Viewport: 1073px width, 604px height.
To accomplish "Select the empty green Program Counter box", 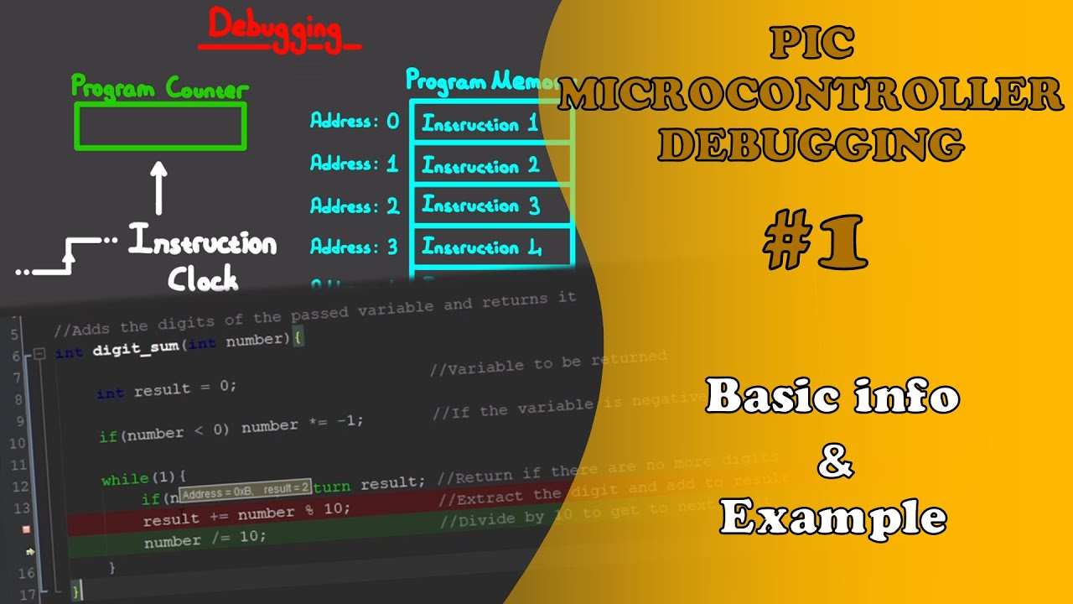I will (160, 127).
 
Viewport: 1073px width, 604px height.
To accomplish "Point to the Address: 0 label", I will (355, 122).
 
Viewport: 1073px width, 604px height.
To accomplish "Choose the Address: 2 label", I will (355, 206).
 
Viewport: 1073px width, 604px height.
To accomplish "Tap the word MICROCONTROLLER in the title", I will (810, 95).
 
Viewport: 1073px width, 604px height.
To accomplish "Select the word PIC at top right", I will (811, 44).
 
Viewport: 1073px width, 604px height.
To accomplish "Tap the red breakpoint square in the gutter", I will (26, 529).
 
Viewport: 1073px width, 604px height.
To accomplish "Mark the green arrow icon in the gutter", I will (30, 552).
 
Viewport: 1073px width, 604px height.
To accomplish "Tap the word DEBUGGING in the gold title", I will (810, 144).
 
